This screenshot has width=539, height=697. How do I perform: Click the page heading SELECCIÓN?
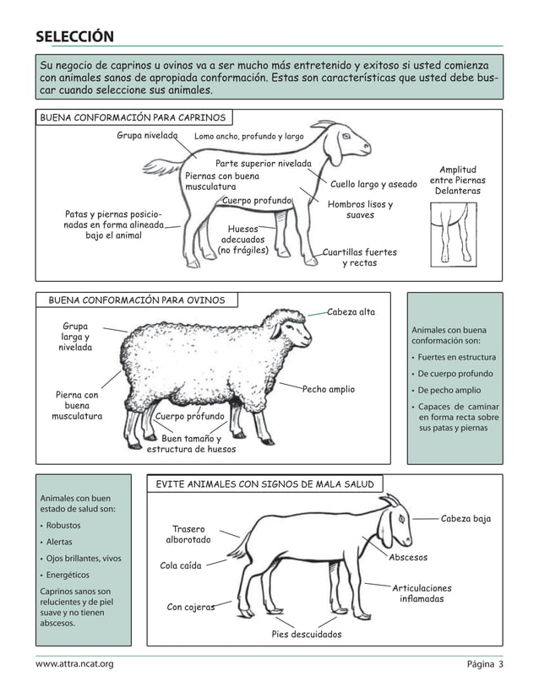[74, 36]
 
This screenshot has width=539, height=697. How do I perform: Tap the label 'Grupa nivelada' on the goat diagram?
[147, 135]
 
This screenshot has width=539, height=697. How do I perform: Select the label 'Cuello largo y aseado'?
[373, 184]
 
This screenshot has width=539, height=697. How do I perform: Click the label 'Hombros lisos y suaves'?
[360, 209]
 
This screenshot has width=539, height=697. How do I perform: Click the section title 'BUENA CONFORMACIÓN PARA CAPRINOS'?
[133, 117]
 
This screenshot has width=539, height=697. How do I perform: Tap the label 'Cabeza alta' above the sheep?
[351, 311]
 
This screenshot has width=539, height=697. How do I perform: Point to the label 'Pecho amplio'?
[329, 389]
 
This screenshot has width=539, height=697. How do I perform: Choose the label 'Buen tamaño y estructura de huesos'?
[191, 444]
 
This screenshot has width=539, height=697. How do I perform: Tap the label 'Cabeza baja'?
[465, 519]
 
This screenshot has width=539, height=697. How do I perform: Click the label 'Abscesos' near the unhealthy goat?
[408, 557]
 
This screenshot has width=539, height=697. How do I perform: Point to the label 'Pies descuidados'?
[307, 634]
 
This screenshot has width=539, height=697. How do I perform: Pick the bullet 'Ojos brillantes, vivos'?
[84, 559]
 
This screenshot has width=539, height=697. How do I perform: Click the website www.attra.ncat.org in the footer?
[74, 664]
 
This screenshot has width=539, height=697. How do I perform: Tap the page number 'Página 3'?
[485, 664]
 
